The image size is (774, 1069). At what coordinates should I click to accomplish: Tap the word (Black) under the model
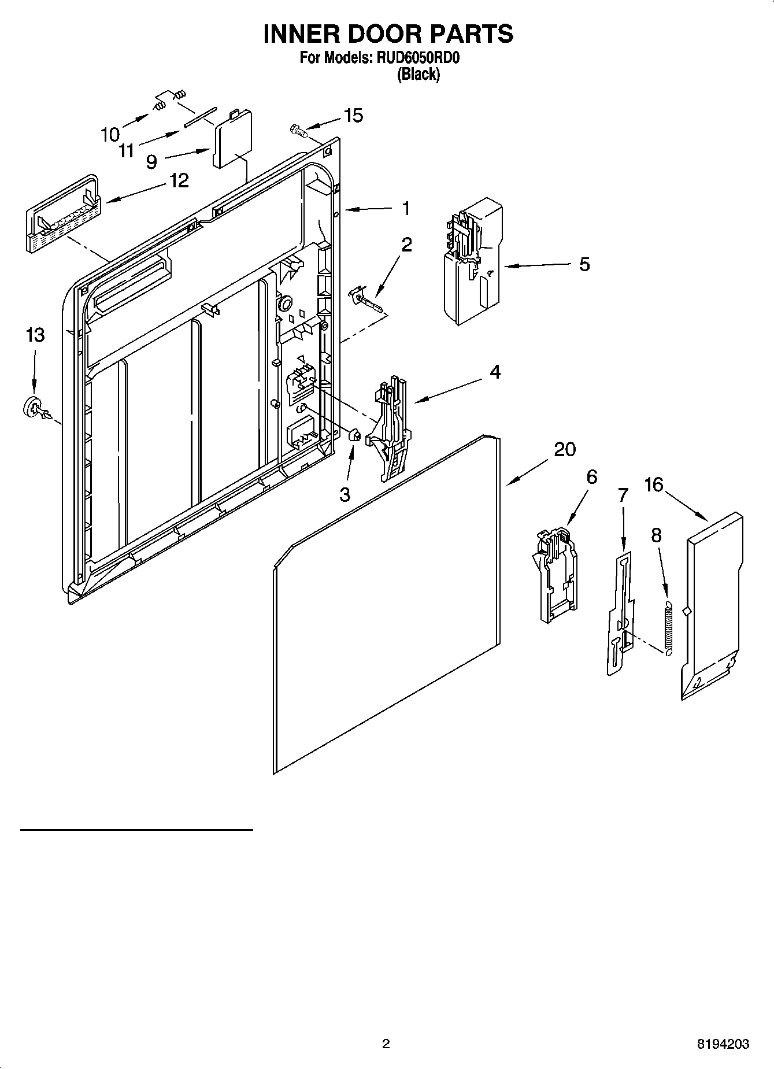[418, 75]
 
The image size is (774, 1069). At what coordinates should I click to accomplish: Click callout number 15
[353, 116]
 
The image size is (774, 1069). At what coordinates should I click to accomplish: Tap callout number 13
[35, 335]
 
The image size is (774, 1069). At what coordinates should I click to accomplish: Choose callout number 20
[565, 449]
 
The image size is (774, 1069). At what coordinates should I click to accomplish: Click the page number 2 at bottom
[386, 1044]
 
